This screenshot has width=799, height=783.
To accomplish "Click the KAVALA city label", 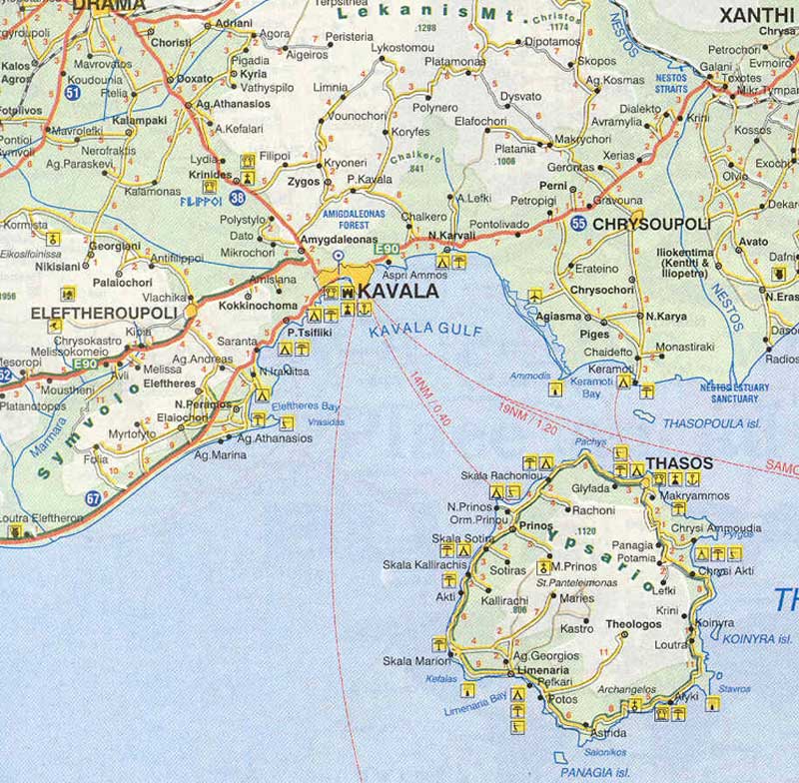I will point(398,291).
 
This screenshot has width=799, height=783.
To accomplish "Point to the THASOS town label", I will point(679,463).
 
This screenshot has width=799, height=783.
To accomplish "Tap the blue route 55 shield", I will point(579,224).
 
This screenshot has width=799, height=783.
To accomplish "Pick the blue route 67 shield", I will point(93,497).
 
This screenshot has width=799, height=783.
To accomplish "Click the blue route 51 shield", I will point(44,93).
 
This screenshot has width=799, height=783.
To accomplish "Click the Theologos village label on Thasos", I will point(634,625).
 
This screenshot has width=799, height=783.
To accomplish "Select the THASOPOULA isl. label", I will point(711,423).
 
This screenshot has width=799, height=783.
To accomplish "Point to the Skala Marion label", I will point(412,661).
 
